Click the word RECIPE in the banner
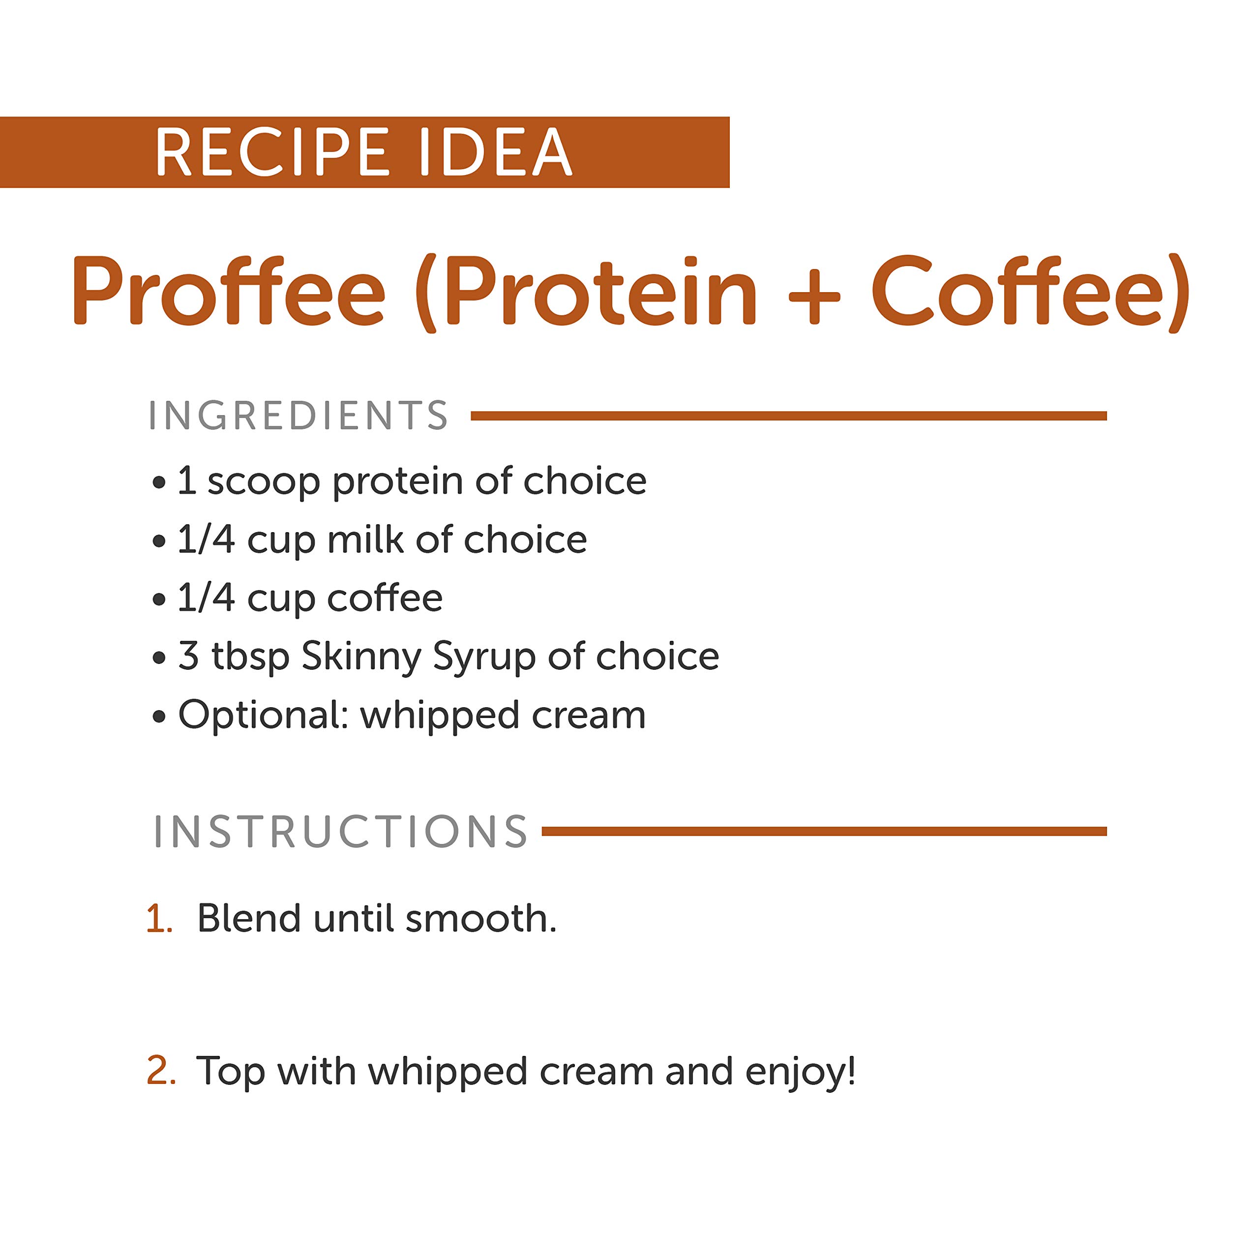(272, 152)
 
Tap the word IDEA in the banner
(495, 152)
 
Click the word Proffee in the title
(229, 290)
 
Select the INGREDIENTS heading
(299, 416)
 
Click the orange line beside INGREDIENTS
(788, 416)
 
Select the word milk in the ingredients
(365, 540)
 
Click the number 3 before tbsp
(188, 656)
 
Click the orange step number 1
(159, 920)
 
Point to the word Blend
(249, 918)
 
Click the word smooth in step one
(480, 918)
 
